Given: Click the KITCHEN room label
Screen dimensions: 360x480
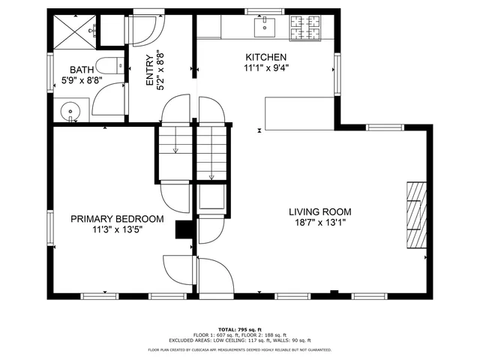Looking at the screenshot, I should (x=265, y=58).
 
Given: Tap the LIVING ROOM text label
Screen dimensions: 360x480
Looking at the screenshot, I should (x=320, y=211).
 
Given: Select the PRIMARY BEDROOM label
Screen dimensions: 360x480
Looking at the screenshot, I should (x=117, y=219).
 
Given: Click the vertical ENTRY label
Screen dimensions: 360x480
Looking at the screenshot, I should (x=159, y=70).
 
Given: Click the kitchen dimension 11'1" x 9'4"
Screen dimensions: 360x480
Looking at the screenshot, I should (x=265, y=69).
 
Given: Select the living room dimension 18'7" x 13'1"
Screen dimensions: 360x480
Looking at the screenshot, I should (x=320, y=223).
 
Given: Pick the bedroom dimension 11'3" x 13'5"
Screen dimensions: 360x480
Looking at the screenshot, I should (x=117, y=230).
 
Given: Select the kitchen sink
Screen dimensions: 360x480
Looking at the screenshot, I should (x=264, y=28).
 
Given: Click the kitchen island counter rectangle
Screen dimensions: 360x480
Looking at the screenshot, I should (x=298, y=112).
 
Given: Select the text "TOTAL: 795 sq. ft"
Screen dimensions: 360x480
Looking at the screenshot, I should (x=239, y=329).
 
